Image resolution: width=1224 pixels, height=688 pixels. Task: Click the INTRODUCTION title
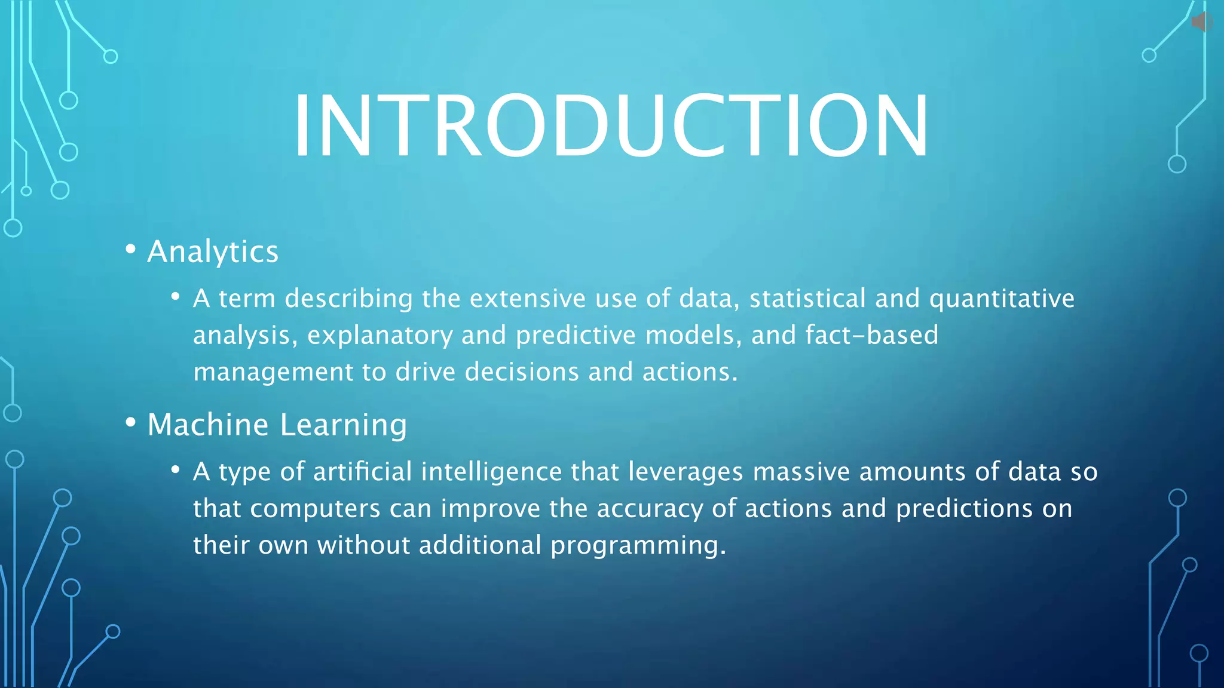coord(611,127)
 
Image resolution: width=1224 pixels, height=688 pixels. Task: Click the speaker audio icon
coord(1201,22)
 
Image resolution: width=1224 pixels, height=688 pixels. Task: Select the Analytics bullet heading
coord(213,251)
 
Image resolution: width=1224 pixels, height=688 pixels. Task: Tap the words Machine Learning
coord(277,425)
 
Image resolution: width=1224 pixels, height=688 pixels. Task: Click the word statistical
coord(807,298)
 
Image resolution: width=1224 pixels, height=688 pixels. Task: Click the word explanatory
coord(380,336)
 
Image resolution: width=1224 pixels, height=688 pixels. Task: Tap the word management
coord(273,373)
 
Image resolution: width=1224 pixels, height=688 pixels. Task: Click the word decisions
coord(522,371)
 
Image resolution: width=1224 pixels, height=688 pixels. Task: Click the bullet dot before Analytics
coord(131,250)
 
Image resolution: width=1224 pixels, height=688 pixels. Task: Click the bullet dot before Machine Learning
coord(131,423)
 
